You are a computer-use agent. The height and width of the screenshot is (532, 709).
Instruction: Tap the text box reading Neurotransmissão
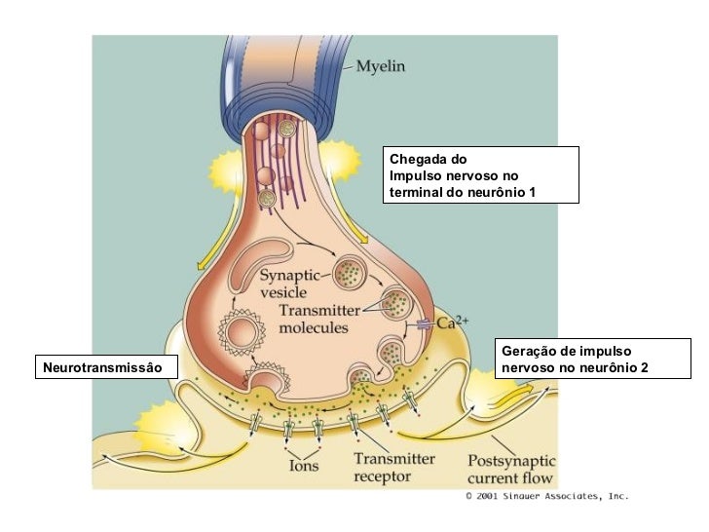[107, 366]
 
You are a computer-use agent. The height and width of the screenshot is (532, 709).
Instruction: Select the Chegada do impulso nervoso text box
[482, 174]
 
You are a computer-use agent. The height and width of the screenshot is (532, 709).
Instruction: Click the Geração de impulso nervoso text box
[592, 359]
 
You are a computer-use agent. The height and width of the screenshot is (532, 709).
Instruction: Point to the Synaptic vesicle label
[289, 283]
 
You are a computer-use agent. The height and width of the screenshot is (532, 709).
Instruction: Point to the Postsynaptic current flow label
[511, 469]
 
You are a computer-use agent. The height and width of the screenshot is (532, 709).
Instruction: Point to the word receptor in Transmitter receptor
[383, 476]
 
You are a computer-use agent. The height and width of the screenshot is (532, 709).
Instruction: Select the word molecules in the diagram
[313, 328]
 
